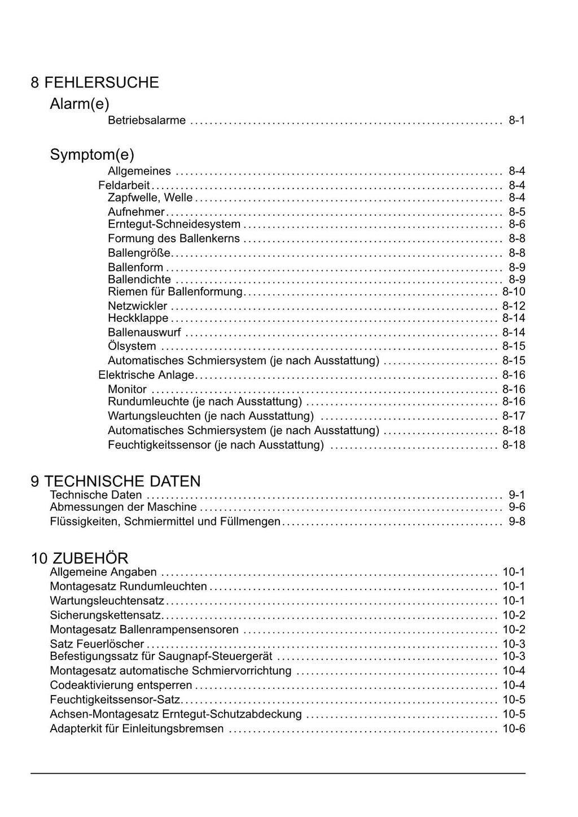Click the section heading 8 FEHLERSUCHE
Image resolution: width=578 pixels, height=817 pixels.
(95, 82)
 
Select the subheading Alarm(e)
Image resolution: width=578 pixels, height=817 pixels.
(80, 104)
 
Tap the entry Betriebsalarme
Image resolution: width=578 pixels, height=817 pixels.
(147, 120)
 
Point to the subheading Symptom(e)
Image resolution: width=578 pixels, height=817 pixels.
(92, 154)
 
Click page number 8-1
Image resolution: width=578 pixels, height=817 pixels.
(516, 120)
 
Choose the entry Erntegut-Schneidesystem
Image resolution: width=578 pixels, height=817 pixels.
(174, 224)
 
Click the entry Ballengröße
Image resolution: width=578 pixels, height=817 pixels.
(139, 253)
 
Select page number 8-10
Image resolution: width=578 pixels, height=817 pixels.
(514, 292)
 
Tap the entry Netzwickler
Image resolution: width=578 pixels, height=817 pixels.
(138, 306)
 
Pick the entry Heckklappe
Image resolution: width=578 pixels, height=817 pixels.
(138, 318)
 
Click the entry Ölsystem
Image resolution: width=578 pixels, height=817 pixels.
(132, 346)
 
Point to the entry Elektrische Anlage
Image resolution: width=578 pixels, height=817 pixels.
(146, 375)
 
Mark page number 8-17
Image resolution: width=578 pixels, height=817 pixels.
(514, 416)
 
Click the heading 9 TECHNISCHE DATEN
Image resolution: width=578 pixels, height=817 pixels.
(116, 481)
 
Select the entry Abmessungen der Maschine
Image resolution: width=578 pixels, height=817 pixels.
(123, 507)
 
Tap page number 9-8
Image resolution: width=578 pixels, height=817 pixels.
(516, 521)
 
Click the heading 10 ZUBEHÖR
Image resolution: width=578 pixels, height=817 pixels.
(80, 558)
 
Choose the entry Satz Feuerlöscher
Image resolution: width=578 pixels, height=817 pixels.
(97, 644)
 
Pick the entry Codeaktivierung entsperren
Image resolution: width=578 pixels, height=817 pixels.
(121, 685)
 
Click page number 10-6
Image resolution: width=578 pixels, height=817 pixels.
(514, 729)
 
